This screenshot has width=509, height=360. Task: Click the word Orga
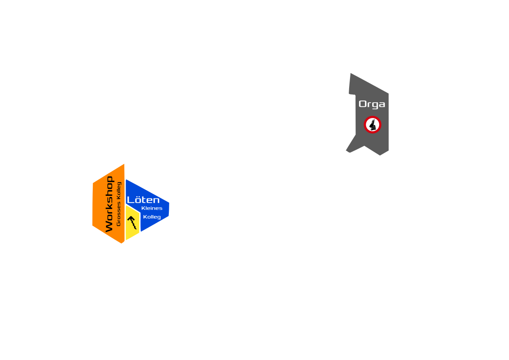(x=372, y=104)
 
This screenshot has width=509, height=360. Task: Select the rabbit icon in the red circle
(x=372, y=125)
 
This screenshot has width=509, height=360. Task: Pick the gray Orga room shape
(x=372, y=141)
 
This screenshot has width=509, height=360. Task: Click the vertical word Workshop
(x=109, y=204)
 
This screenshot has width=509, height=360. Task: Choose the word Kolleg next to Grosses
(x=119, y=191)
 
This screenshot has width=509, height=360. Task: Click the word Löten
(x=143, y=200)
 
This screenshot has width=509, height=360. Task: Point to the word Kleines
(x=152, y=208)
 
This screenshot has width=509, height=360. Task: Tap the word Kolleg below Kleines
(x=152, y=217)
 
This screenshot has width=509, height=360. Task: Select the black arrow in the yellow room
(x=132, y=222)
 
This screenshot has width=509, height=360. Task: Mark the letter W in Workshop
(x=109, y=227)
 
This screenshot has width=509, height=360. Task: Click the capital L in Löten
(x=130, y=200)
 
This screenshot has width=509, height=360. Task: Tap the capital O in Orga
(x=362, y=104)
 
